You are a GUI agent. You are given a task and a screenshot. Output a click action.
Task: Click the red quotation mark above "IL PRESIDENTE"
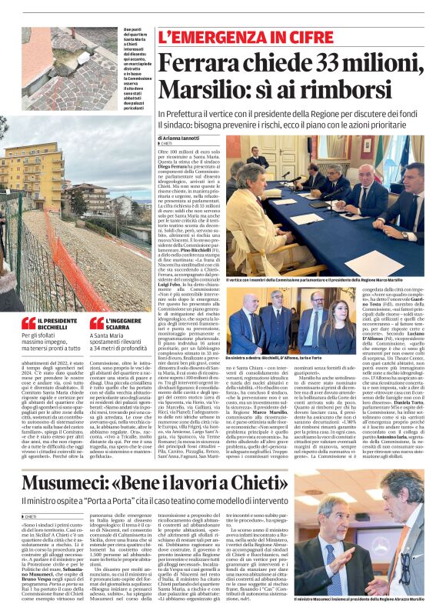point(28,323)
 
